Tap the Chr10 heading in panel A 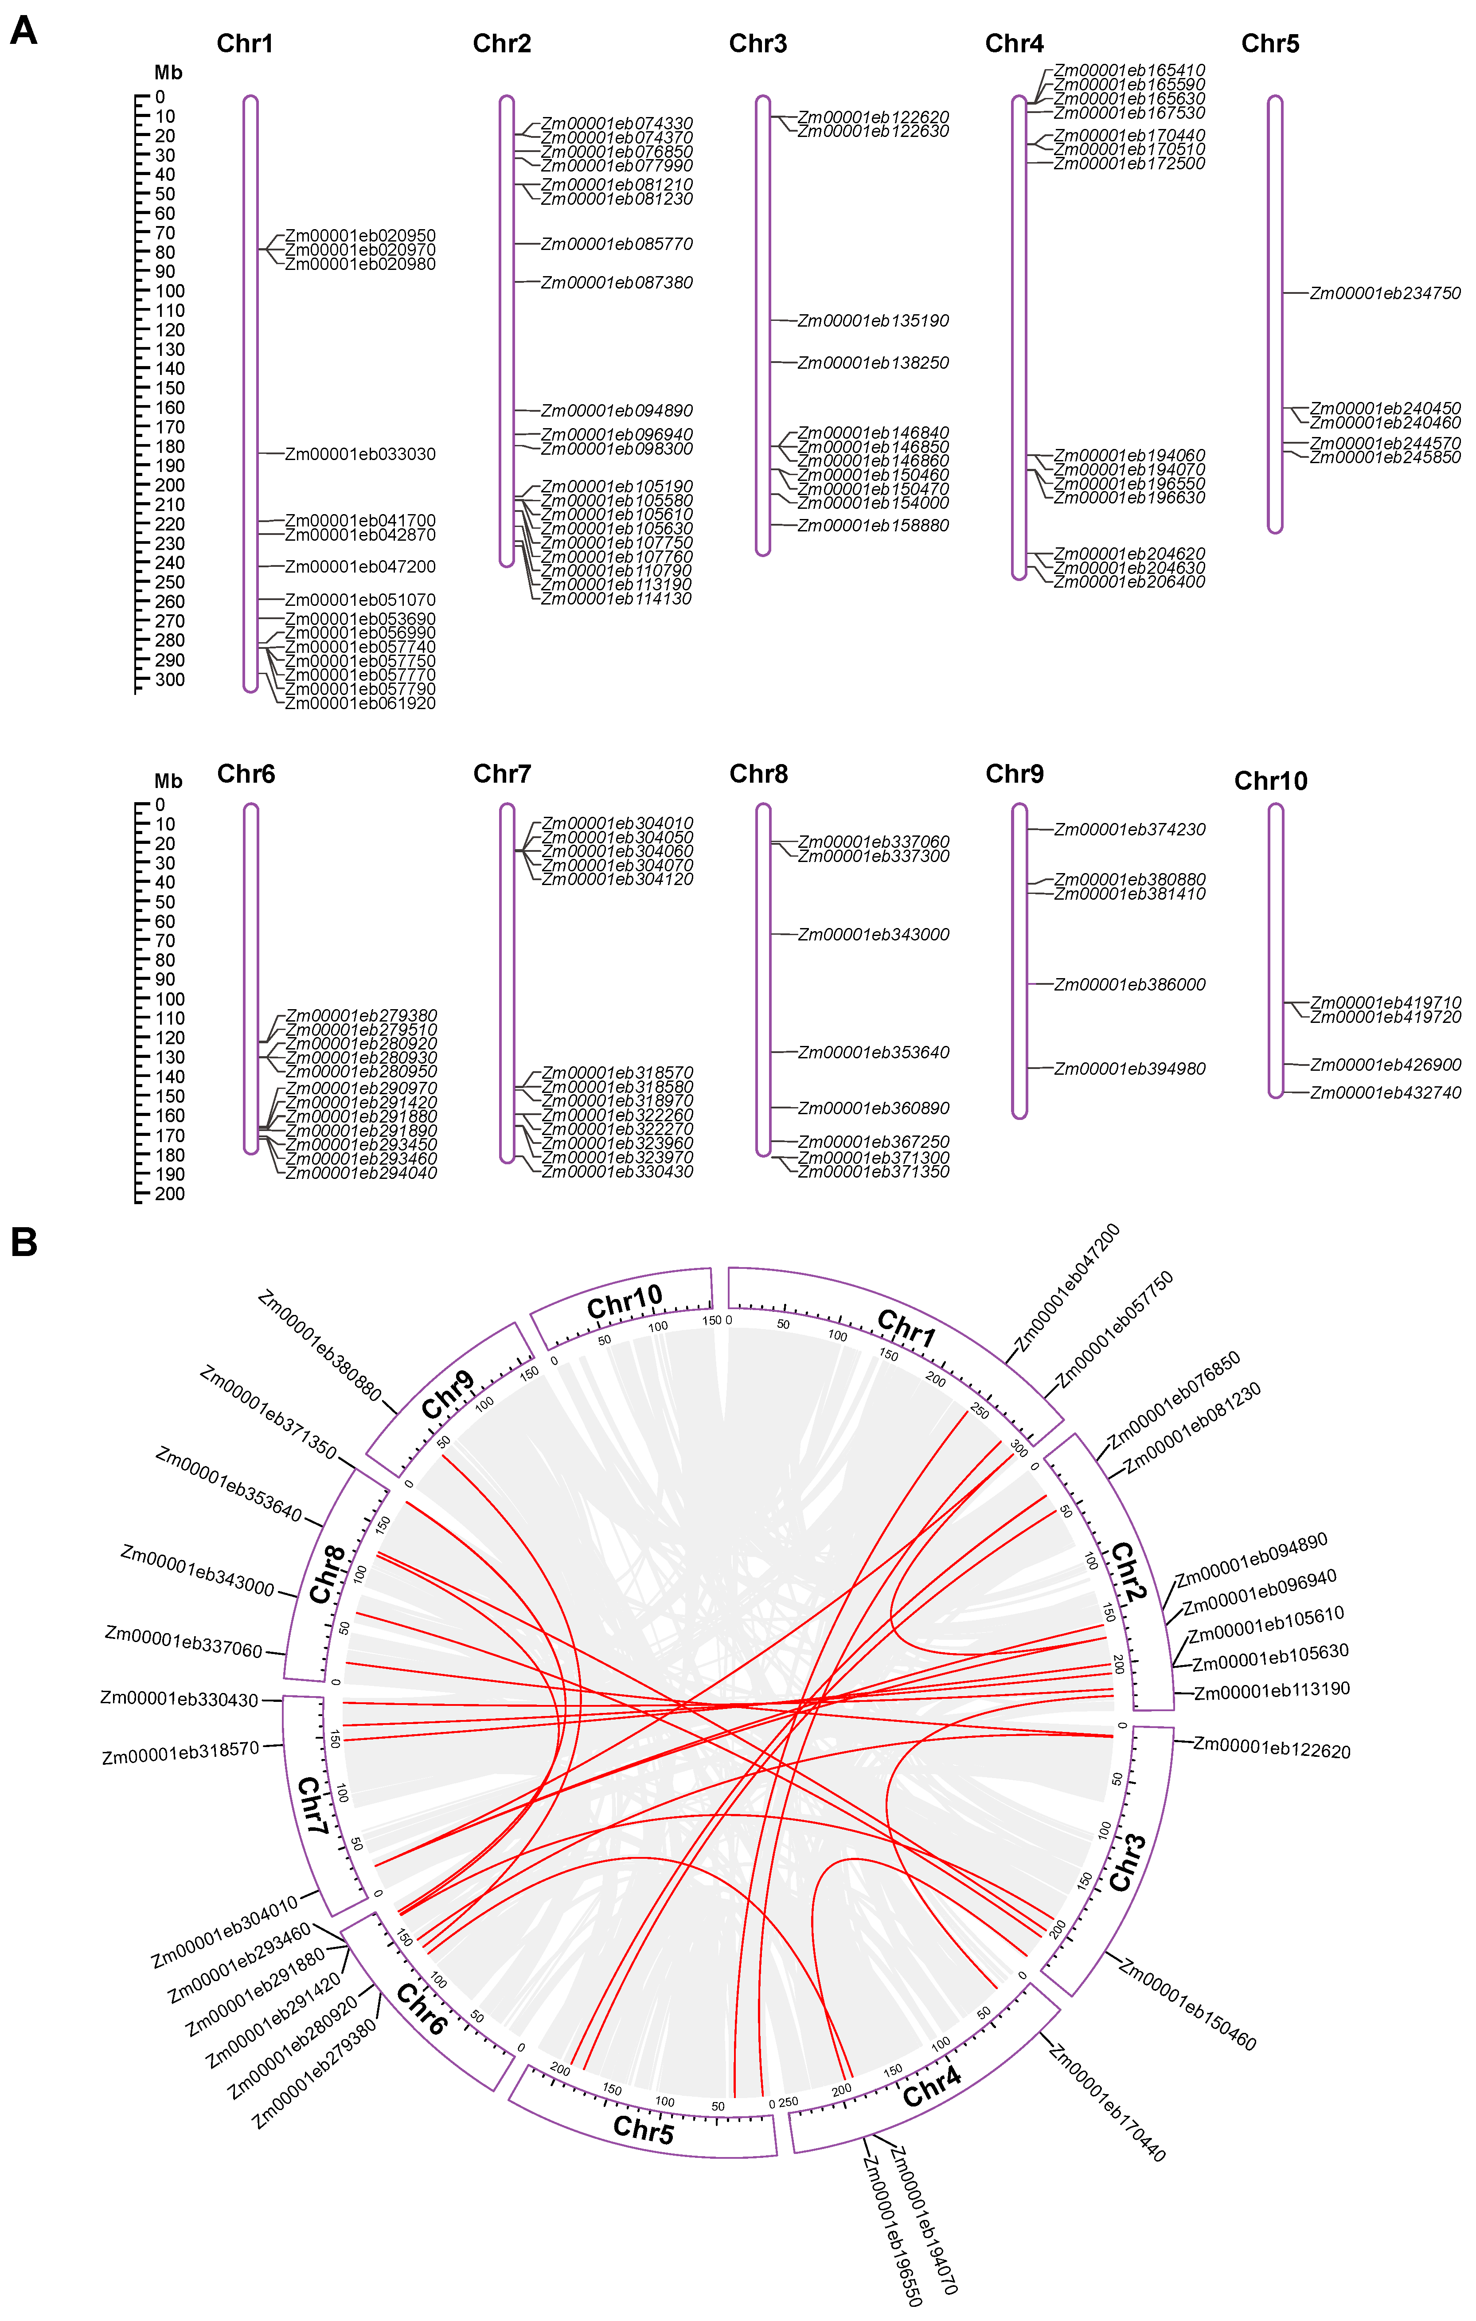pos(1271,781)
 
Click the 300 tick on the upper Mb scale pos(170,679)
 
